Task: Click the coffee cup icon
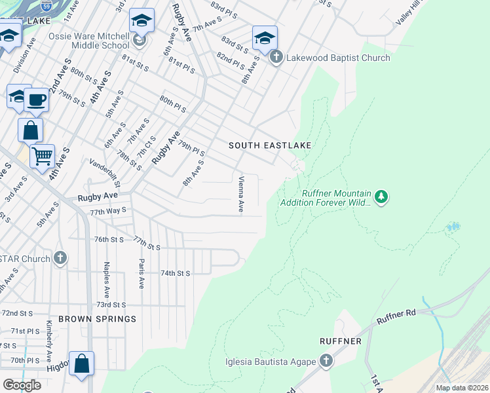37,100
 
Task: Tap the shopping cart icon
42,157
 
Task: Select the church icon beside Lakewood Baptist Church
276,58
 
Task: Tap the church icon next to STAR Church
61,258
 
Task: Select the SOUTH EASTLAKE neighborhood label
269,145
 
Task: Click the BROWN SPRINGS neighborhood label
97,319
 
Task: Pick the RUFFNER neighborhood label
341,341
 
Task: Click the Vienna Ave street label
241,194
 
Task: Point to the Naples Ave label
105,276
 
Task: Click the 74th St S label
175,273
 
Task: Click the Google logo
22,385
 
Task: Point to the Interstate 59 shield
45,7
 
